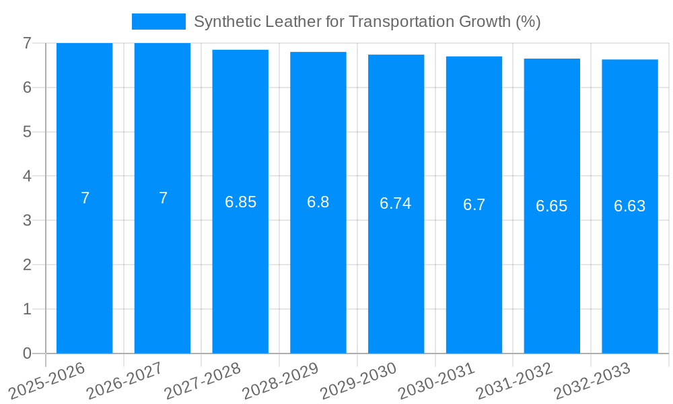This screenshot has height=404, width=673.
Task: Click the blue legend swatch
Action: click(x=158, y=22)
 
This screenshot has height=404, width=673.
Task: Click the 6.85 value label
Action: click(x=240, y=202)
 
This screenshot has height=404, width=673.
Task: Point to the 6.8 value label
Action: click(x=318, y=202)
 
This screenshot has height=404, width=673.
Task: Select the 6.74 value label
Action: click(x=396, y=203)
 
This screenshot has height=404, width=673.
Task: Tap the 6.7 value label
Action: click(x=474, y=205)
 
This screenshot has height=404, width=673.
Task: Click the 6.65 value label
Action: click(x=551, y=206)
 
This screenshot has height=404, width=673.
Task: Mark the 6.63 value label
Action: click(x=629, y=206)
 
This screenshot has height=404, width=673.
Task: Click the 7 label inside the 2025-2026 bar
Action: click(x=85, y=198)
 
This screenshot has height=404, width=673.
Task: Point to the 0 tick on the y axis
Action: click(x=27, y=353)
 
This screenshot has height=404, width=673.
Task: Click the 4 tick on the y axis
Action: click(x=27, y=176)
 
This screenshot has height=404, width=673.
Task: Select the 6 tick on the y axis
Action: click(x=27, y=88)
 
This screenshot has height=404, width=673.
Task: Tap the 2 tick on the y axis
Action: click(x=27, y=265)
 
